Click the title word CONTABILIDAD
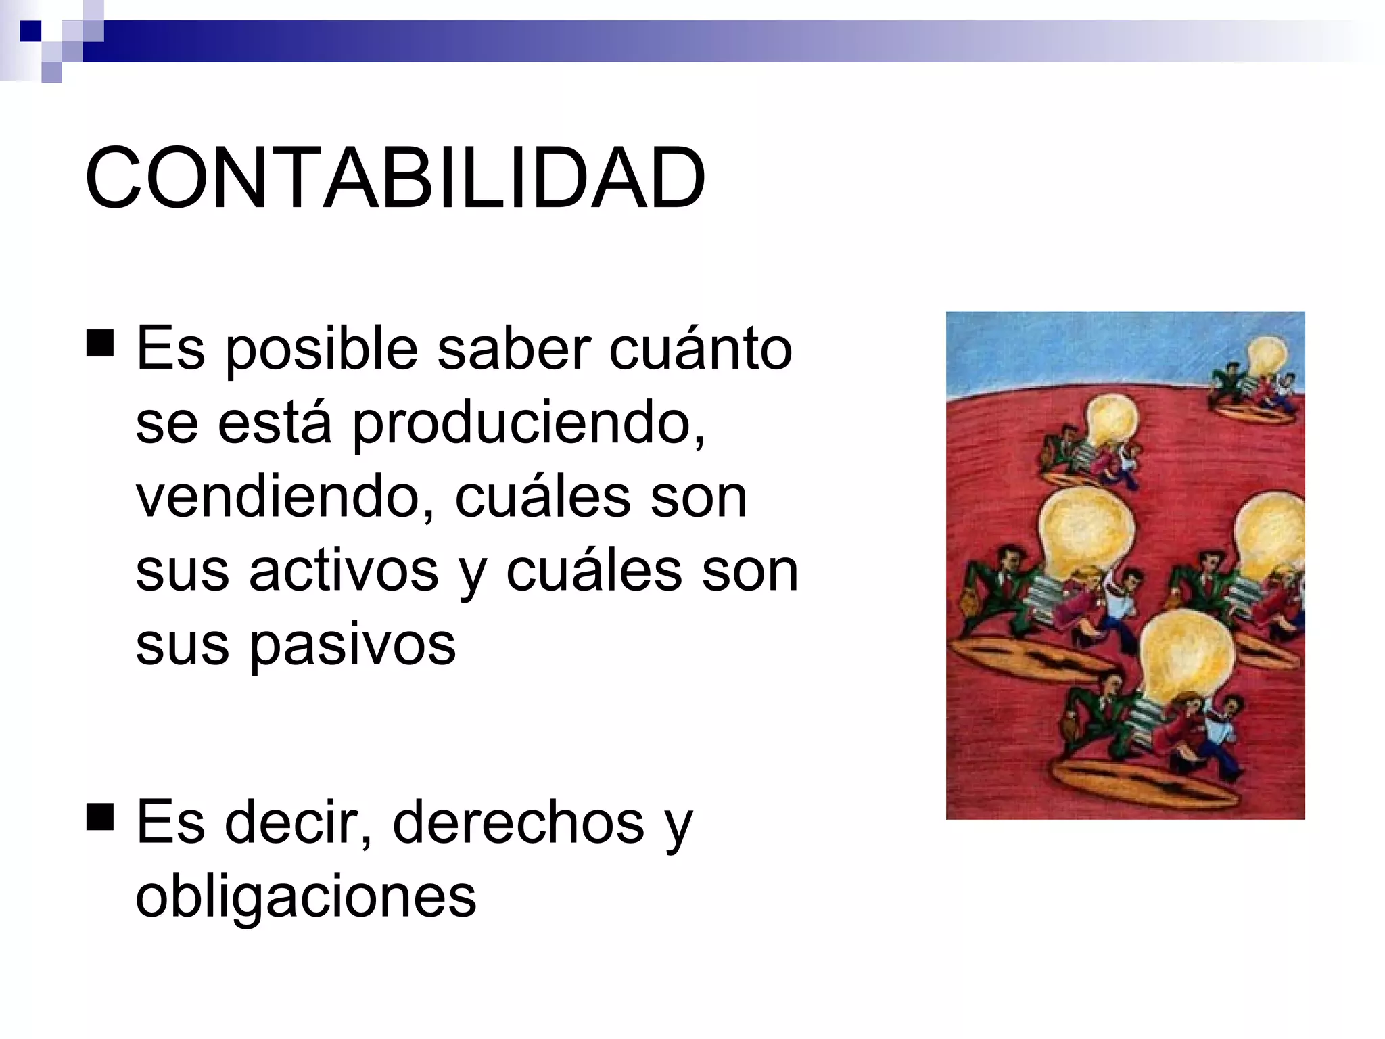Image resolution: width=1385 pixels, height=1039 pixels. click(x=396, y=178)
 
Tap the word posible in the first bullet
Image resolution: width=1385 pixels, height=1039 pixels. click(x=321, y=350)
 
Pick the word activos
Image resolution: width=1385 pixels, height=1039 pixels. click(x=344, y=570)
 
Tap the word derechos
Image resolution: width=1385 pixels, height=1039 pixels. click(x=519, y=823)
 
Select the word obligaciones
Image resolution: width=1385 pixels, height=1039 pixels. click(x=306, y=896)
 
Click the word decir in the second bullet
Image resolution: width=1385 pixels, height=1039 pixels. click(x=298, y=823)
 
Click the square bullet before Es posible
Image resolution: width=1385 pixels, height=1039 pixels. click(x=100, y=343)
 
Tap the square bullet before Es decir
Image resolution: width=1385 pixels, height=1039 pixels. click(x=100, y=816)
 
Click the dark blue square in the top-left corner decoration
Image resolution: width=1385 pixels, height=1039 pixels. click(x=30, y=31)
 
